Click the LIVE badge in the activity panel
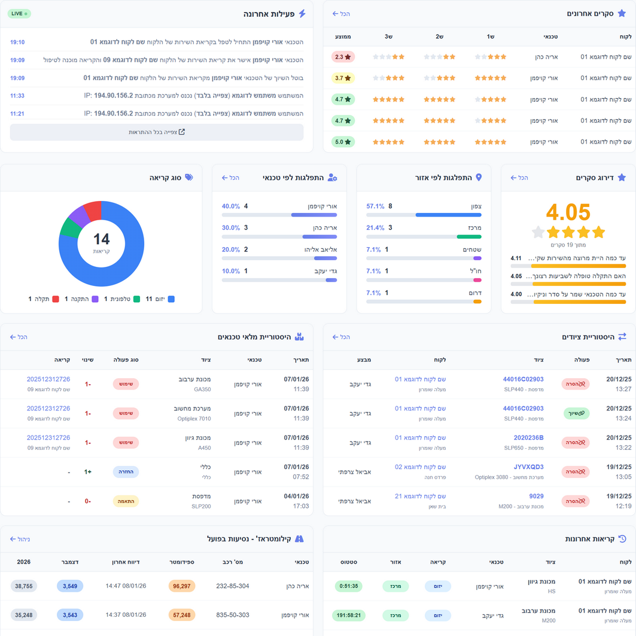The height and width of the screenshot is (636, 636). pyautogui.click(x=20, y=13)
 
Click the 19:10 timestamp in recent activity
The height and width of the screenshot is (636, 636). pyautogui.click(x=17, y=42)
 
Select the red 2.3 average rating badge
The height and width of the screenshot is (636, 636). pyautogui.click(x=343, y=57)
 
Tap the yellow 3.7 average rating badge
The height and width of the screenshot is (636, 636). pyautogui.click(x=343, y=78)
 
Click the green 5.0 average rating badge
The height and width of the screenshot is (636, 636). pyautogui.click(x=343, y=142)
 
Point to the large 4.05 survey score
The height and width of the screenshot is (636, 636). pyautogui.click(x=568, y=212)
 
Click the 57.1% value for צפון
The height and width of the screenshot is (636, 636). pyautogui.click(x=375, y=206)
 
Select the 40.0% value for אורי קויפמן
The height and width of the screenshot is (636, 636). pyautogui.click(x=230, y=206)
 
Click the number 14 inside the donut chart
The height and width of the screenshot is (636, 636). pyautogui.click(x=102, y=239)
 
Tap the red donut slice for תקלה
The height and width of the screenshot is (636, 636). pyautogui.click(x=93, y=211)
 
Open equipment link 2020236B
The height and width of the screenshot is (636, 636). pyautogui.click(x=528, y=438)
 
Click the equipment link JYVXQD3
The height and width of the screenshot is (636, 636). pyautogui.click(x=528, y=467)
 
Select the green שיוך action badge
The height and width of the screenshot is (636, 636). pyautogui.click(x=576, y=413)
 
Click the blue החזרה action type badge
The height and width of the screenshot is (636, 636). pyautogui.click(x=126, y=472)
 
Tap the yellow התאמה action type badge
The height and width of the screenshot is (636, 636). pyautogui.click(x=126, y=501)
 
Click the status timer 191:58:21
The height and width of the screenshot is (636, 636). pyautogui.click(x=347, y=615)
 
